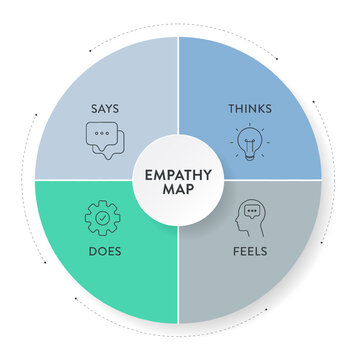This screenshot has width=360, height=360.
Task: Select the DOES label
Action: click(x=104, y=251)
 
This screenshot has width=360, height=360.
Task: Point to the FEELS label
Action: click(x=250, y=251)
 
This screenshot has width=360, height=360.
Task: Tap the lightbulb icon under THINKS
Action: click(x=247, y=142)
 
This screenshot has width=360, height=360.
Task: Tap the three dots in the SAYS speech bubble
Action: click(x=100, y=135)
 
